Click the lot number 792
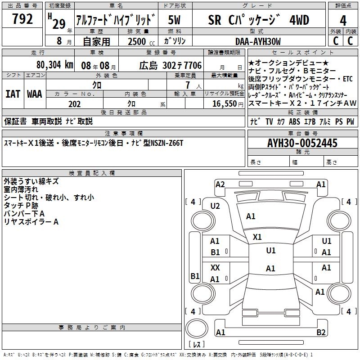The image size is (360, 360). coord(22,19)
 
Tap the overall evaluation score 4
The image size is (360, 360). coord(343,20)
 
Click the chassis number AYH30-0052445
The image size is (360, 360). coord(302,143)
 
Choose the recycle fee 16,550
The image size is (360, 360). coord(224,104)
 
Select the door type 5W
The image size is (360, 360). coord(175,20)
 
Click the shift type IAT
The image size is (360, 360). coord(13,94)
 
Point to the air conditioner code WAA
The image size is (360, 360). coord(35,94)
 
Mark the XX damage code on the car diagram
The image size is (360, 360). coord(215,268)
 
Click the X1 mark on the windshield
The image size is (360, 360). coord(257,237)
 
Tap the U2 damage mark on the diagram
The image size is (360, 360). coord(215,206)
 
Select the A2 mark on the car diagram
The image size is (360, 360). coord(220,184)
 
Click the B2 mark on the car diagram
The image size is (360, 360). coord(321,333)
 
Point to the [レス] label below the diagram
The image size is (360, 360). coord(197,345)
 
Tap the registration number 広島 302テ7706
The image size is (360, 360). coord(170,66)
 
